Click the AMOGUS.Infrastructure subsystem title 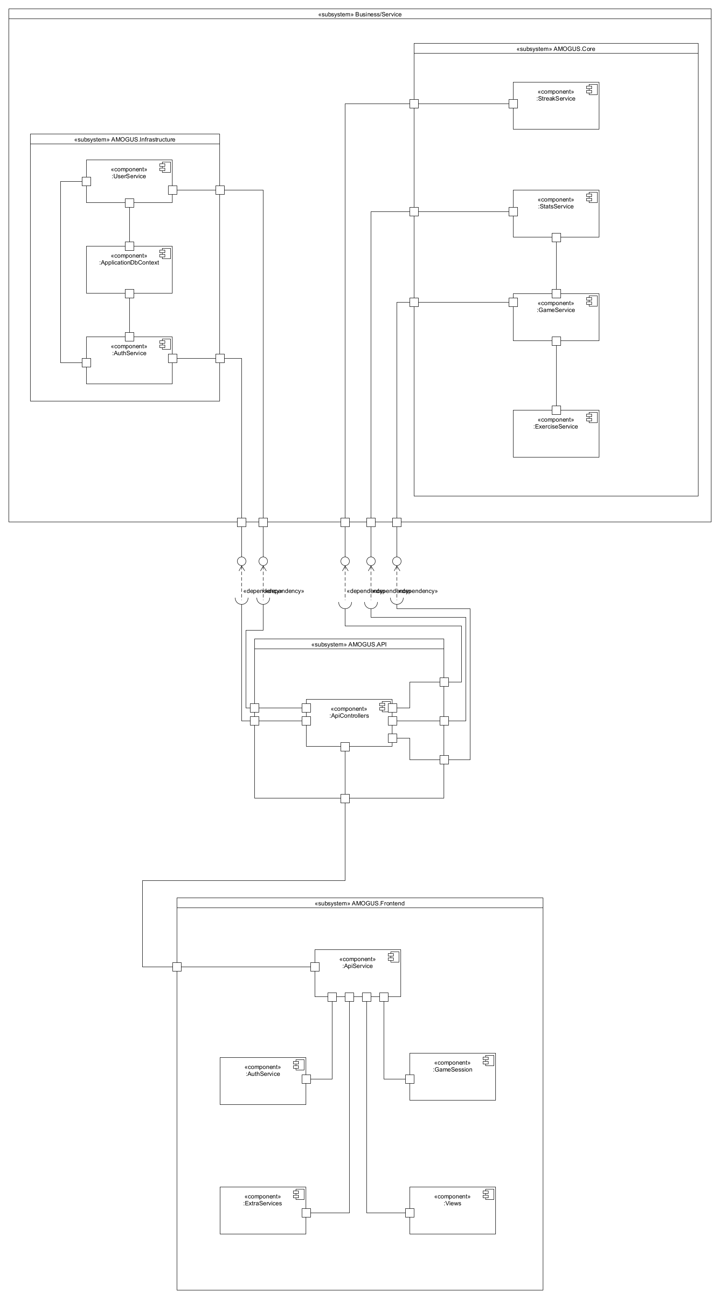(125, 139)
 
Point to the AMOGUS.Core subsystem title (556, 49)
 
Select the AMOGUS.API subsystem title (349, 644)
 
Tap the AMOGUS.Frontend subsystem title (360, 903)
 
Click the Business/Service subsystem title (360, 14)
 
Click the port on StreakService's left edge (513, 104)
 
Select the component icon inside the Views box (488, 1194)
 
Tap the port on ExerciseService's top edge (556, 410)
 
